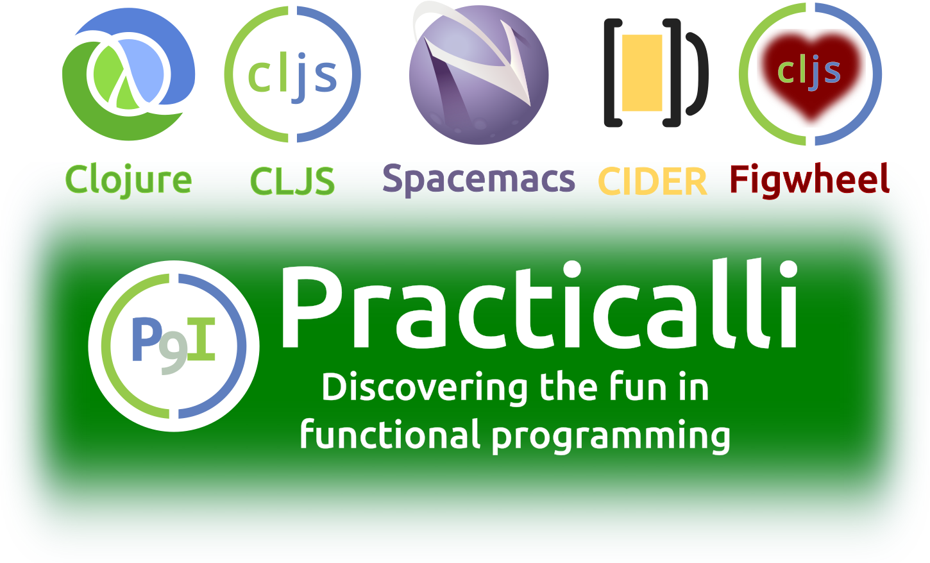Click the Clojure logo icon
click(128, 74)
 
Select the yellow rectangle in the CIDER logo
click(642, 72)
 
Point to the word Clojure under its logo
click(128, 181)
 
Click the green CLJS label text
click(292, 181)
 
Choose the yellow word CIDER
click(652, 181)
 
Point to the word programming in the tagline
click(611, 437)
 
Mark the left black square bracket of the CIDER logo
click(613, 72)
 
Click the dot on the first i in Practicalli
click(573, 269)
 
